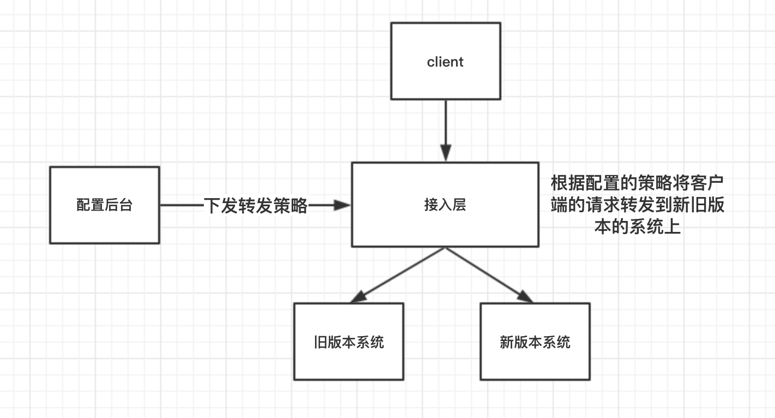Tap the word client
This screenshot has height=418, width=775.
[x=445, y=62]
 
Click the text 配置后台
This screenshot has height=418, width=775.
[x=104, y=206]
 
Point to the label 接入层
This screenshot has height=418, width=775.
[x=445, y=206]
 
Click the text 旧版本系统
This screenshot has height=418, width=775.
[x=349, y=342]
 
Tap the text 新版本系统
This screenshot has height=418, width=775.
[x=535, y=342]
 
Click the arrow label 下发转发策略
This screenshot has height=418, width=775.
[x=256, y=206]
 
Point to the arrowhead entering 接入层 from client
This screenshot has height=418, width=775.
[x=445, y=154]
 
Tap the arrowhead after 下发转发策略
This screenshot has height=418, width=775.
[x=342, y=205]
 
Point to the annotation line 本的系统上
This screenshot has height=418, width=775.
[x=638, y=227]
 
